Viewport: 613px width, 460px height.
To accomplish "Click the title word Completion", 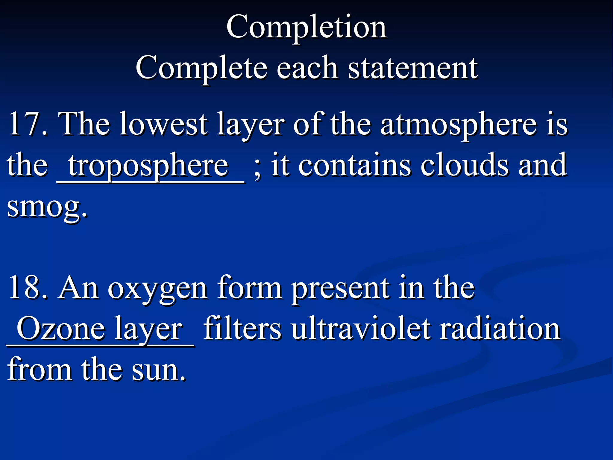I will coord(306,28).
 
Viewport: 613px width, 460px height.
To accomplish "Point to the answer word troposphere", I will coord(148,166).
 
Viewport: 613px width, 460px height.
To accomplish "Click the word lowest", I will coord(163,123).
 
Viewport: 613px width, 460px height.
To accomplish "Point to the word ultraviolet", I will coord(361,329).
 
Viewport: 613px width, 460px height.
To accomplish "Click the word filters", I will coord(242,329).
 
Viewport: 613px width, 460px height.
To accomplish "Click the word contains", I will coord(355,165).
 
